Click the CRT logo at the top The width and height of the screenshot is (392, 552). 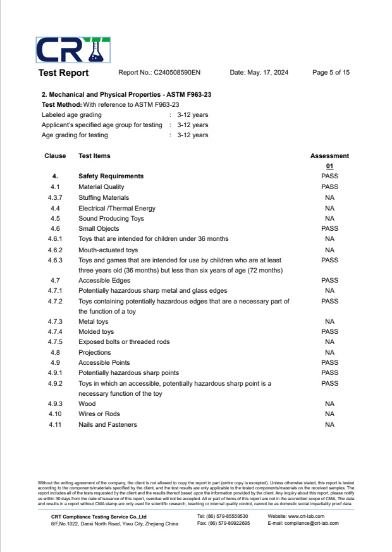73,51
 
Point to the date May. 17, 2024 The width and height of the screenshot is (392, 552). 259,73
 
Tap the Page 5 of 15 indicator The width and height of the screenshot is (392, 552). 331,73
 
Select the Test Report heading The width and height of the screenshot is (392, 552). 63,73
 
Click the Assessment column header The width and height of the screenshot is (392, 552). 329,156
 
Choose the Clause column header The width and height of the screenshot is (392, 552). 55,156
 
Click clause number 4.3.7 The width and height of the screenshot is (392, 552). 55,198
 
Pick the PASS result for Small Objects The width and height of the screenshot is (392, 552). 329,229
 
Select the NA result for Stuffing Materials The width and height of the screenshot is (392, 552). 329,198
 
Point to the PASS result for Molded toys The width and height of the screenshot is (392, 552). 329,332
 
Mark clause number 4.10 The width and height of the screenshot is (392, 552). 55,414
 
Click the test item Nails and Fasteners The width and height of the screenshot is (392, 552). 107,425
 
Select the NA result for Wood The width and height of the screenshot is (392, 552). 329,404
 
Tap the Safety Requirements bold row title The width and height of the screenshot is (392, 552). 111,176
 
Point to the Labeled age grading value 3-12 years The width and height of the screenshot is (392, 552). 192,115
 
